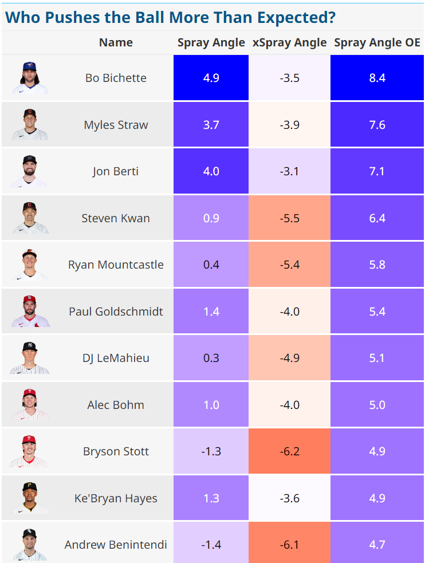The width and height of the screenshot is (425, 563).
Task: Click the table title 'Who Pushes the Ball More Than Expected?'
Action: coord(170,17)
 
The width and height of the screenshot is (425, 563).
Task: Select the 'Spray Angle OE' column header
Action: coord(377,42)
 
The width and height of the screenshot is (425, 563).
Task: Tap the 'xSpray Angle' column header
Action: coord(289,42)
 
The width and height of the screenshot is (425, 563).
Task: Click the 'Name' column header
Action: coord(116,42)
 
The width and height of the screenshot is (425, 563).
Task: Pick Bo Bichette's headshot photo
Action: coord(30,78)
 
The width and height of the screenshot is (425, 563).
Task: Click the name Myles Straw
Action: coord(116,125)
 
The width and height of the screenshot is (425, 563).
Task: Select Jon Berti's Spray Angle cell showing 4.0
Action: coord(211,171)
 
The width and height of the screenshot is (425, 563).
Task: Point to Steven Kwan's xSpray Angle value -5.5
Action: coord(289,218)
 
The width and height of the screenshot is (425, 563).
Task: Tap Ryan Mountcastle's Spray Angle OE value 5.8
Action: coord(377,265)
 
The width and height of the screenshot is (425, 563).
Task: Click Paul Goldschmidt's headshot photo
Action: coord(30,312)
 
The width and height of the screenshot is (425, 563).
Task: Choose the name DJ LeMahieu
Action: coord(116,358)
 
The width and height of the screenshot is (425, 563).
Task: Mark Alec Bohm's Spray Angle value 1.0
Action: coord(211,405)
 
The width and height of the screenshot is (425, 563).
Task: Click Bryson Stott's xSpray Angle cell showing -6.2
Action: coord(289,451)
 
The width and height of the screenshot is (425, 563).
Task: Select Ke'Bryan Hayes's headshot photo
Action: coord(30,498)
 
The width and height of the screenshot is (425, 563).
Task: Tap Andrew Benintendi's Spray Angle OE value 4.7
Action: coord(377,545)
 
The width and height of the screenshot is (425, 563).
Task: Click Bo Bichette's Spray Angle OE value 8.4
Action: coord(377,78)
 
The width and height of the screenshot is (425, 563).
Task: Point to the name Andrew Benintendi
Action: coord(116,545)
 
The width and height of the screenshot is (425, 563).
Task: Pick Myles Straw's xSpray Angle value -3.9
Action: coord(289,125)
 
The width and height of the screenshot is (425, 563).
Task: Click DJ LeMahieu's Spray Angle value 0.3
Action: coord(211,358)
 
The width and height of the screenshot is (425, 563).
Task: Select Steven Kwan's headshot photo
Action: coord(30,218)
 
